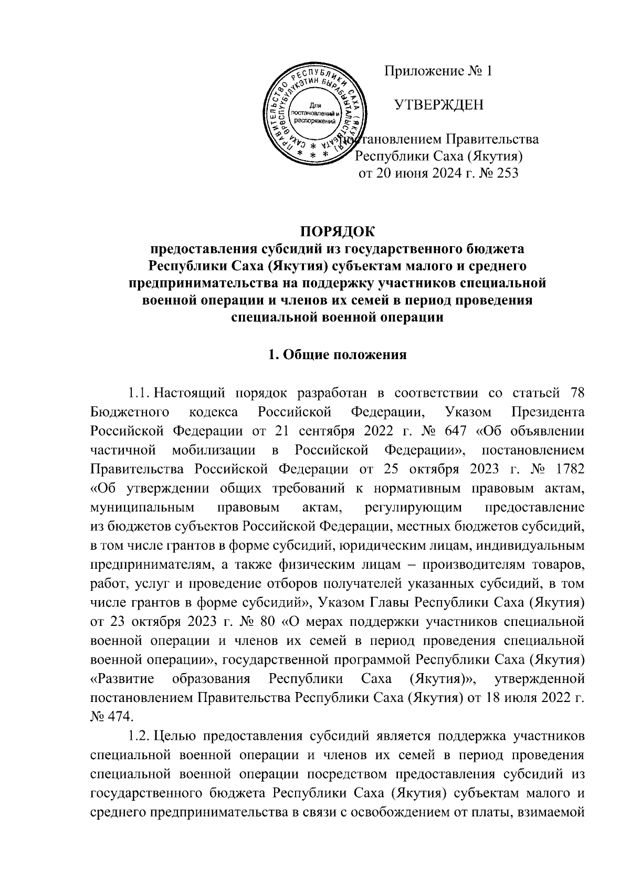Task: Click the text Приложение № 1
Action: pos(438,71)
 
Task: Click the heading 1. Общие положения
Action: pos(338,354)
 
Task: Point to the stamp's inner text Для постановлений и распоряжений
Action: pos(315,113)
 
